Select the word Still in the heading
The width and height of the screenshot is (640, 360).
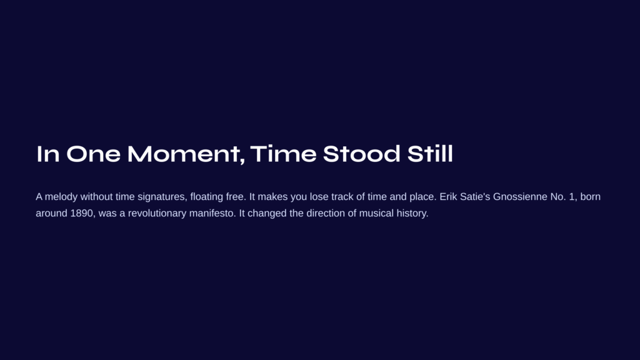point(430,154)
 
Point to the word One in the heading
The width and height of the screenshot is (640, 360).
point(93,154)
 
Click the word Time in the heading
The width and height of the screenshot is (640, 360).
point(283,154)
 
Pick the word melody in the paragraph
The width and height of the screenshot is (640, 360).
point(61,197)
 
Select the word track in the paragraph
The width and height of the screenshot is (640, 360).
point(342,197)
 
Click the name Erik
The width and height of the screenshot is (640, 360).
point(448,197)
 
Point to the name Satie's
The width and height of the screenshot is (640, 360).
point(475,197)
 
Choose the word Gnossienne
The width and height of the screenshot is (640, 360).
point(520,197)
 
